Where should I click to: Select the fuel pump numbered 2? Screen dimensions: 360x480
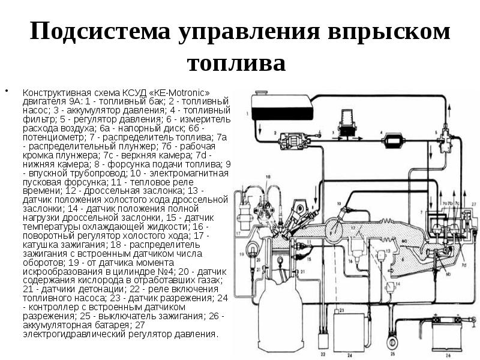click(x=294, y=141)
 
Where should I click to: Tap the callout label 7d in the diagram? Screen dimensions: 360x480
click(x=463, y=264)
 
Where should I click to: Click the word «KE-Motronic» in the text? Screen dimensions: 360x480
click(x=181, y=93)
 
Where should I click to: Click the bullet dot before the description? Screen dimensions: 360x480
click(x=8, y=92)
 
